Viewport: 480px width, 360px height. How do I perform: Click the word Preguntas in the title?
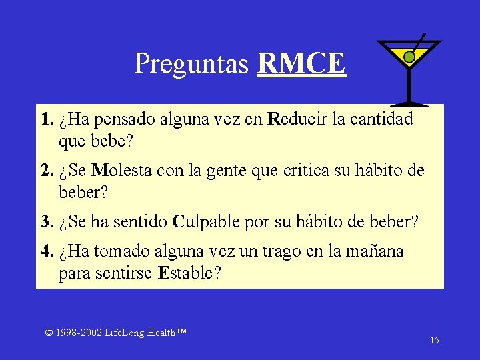click(192, 64)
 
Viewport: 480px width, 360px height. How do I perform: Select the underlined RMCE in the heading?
click(301, 63)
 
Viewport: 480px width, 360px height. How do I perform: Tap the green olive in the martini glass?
click(409, 58)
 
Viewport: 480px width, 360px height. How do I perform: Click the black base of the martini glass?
click(409, 103)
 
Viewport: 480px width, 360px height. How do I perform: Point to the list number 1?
click(46, 120)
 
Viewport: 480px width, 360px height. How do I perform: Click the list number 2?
click(46, 170)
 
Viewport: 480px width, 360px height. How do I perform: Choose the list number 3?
click(46, 221)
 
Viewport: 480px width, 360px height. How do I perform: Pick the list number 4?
click(46, 251)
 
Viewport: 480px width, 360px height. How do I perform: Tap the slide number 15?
click(434, 341)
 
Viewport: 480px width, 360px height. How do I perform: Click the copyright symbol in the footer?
click(49, 332)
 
